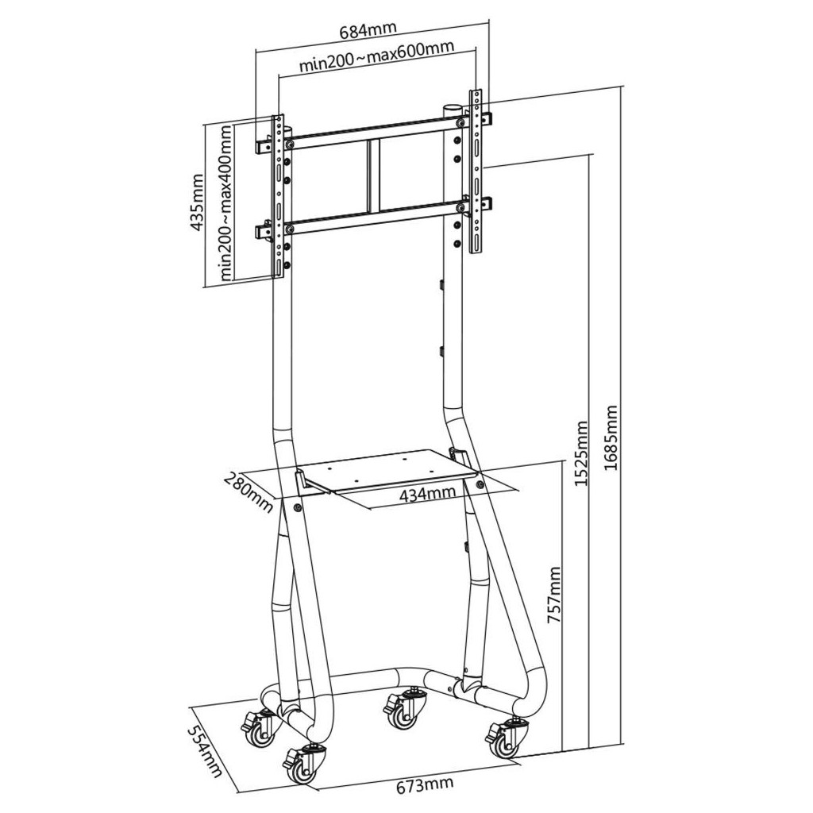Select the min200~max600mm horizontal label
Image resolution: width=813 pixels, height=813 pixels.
[376, 56]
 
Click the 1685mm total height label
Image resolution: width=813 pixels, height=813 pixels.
[611, 438]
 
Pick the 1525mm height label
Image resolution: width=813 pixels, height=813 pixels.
[582, 453]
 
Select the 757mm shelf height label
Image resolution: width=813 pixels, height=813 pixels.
[553, 595]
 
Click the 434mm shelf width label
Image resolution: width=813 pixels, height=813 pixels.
[428, 494]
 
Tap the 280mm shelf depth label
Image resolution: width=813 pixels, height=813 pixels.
[249, 492]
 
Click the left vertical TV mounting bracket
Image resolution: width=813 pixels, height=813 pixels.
[279, 196]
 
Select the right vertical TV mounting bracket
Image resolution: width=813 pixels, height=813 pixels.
[476, 171]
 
